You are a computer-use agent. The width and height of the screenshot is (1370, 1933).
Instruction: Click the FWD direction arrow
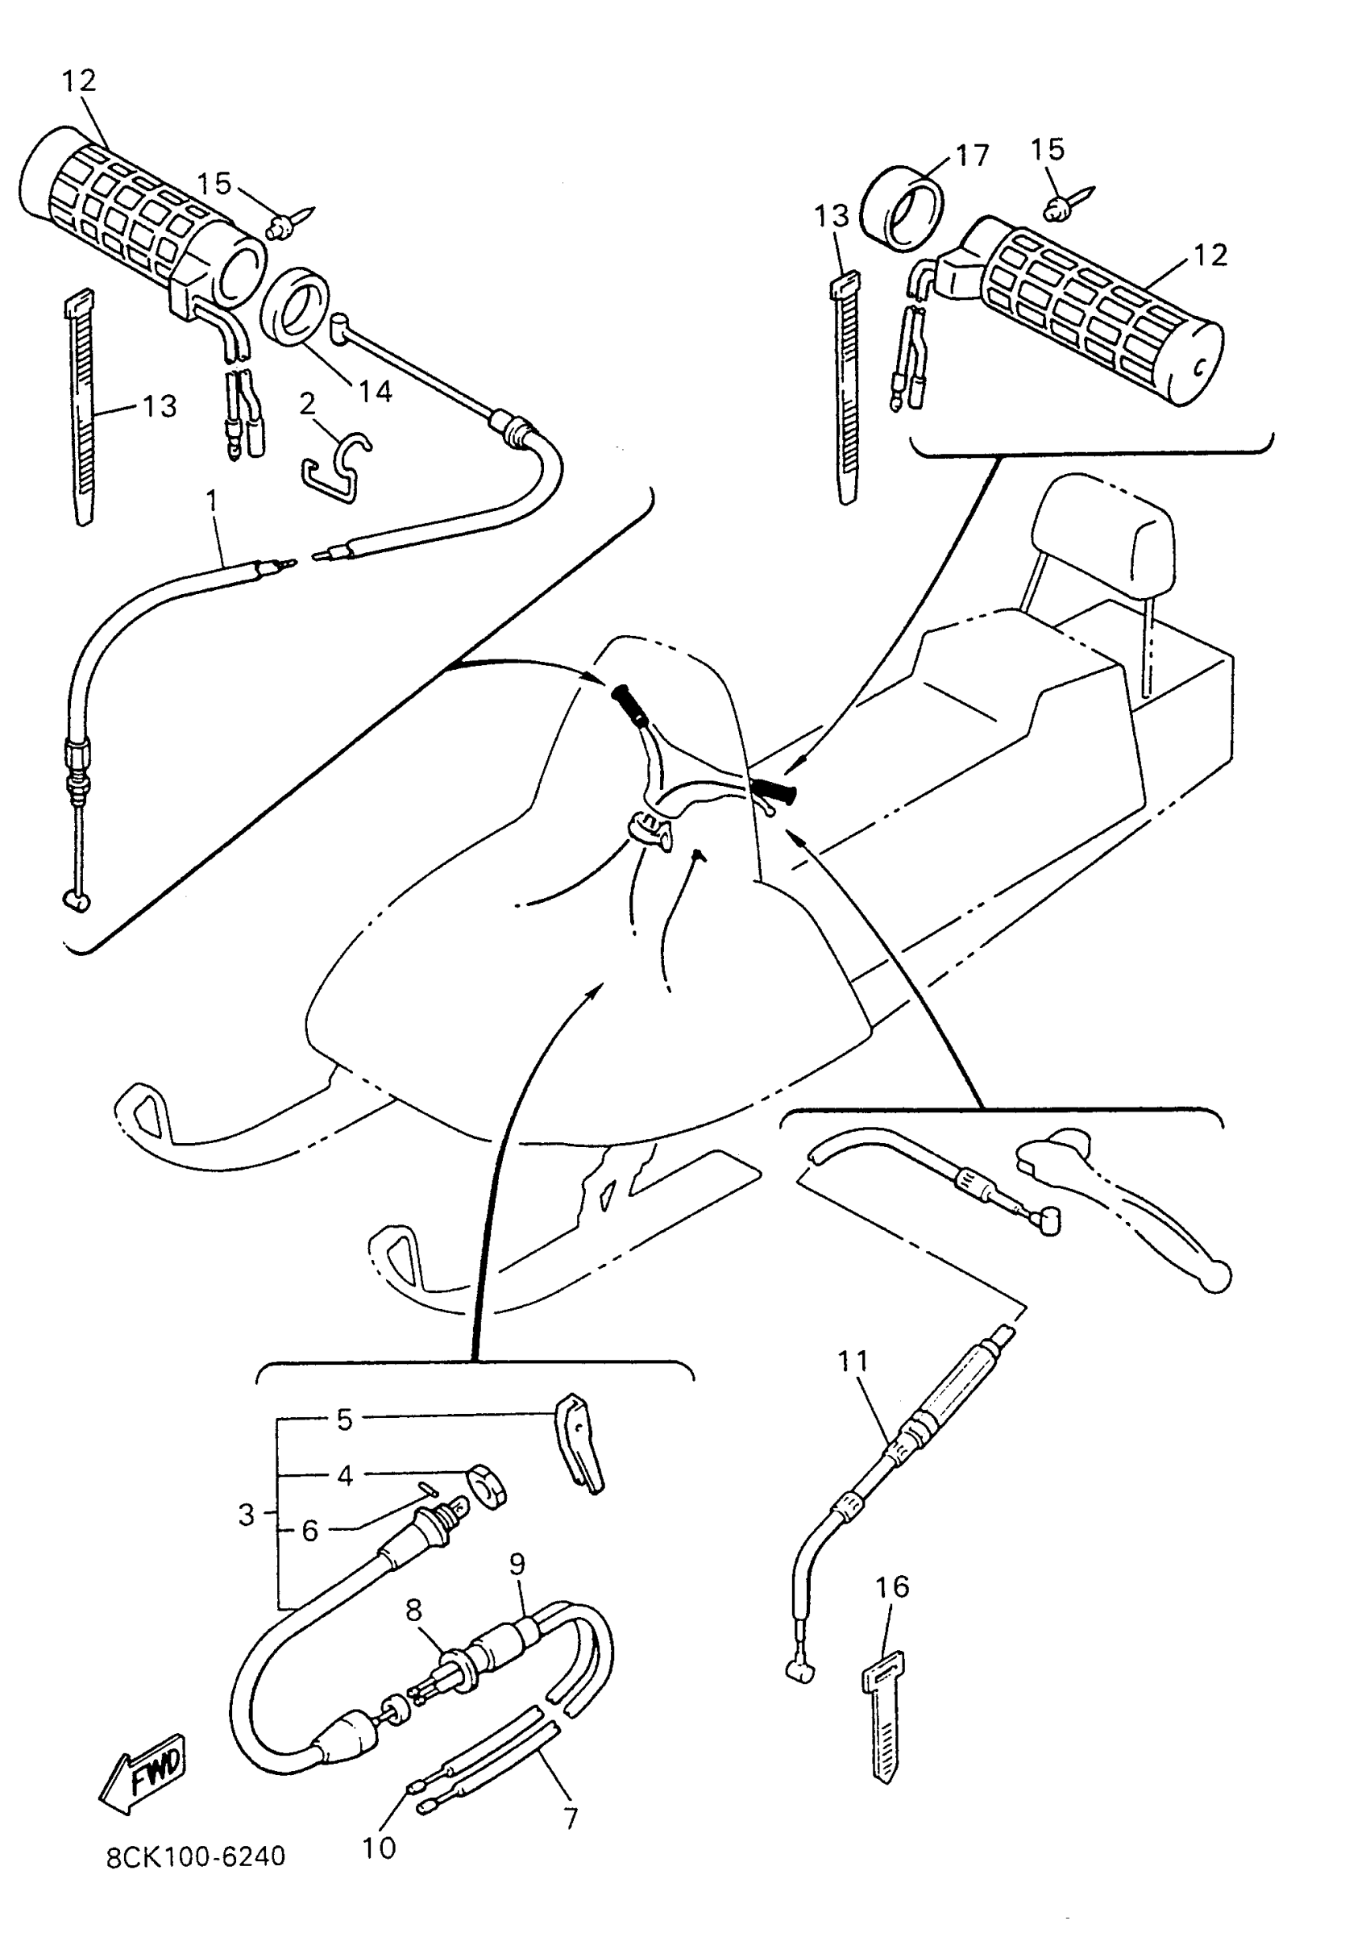(x=143, y=1773)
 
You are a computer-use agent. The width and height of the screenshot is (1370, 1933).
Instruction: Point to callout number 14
(x=376, y=391)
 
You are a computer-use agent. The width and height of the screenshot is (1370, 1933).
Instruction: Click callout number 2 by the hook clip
(x=307, y=403)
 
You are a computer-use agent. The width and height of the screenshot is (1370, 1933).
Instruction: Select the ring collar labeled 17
(x=902, y=207)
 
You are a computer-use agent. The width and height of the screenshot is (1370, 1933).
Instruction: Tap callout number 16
(x=893, y=1586)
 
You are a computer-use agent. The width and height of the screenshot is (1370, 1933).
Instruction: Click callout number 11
(x=853, y=1361)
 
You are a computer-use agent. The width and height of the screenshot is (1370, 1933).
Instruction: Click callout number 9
(x=517, y=1564)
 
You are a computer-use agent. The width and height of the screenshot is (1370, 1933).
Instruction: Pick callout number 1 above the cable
(x=212, y=501)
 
